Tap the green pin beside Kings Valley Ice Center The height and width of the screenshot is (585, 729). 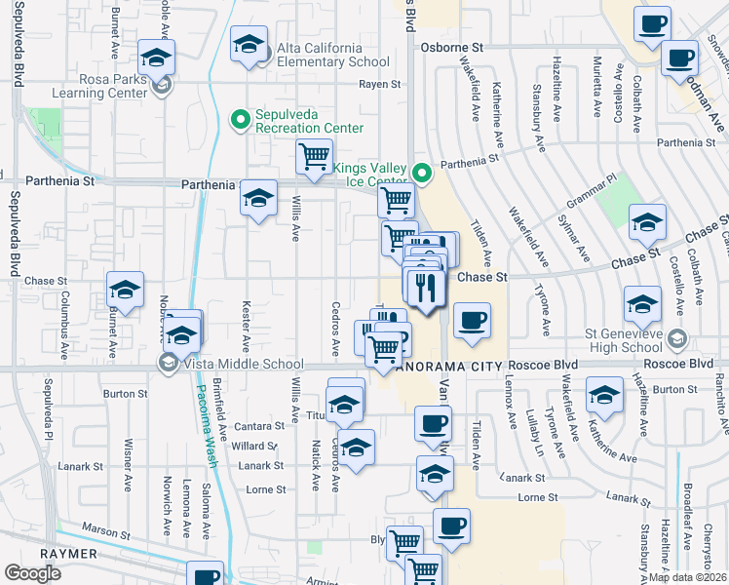[422, 175]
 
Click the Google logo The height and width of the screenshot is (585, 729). [32, 572]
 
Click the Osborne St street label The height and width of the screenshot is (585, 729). [451, 47]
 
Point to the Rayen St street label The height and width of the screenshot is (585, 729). [380, 85]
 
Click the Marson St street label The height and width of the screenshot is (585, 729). [105, 534]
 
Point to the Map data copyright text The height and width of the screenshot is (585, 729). [688, 577]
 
